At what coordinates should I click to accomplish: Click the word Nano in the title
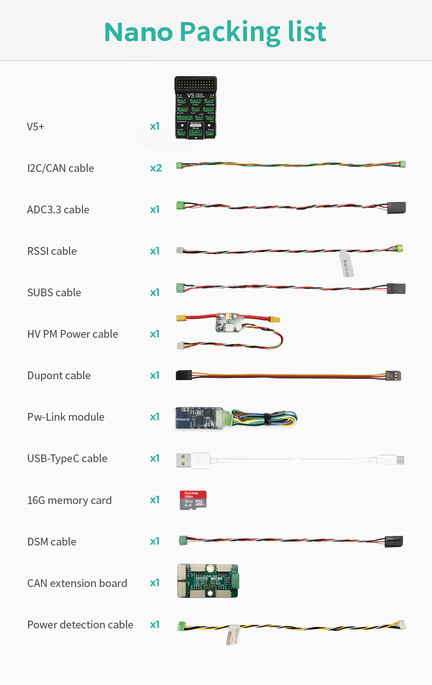tap(139, 32)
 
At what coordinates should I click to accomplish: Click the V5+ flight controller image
tap(196, 108)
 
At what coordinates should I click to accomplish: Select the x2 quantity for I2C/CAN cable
tap(156, 168)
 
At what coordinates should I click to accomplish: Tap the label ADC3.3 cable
tap(58, 209)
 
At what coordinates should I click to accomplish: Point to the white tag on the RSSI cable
tap(346, 263)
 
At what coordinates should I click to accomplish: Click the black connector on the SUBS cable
tap(396, 289)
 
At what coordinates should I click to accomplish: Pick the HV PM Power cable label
tap(73, 334)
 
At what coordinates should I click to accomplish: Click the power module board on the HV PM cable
tap(227, 323)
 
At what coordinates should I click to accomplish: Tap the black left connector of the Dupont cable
tap(184, 375)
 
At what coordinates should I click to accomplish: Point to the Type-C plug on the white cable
tap(400, 460)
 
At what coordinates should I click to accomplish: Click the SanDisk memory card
tap(193, 500)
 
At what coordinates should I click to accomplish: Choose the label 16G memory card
tap(70, 500)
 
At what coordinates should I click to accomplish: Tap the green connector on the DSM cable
tap(183, 540)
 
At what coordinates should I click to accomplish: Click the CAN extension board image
tap(208, 581)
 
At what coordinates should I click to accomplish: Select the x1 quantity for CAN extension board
tap(155, 583)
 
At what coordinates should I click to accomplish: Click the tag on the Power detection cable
tap(233, 634)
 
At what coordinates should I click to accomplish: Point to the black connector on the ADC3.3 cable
tap(397, 208)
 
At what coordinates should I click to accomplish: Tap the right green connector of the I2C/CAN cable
tap(403, 164)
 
